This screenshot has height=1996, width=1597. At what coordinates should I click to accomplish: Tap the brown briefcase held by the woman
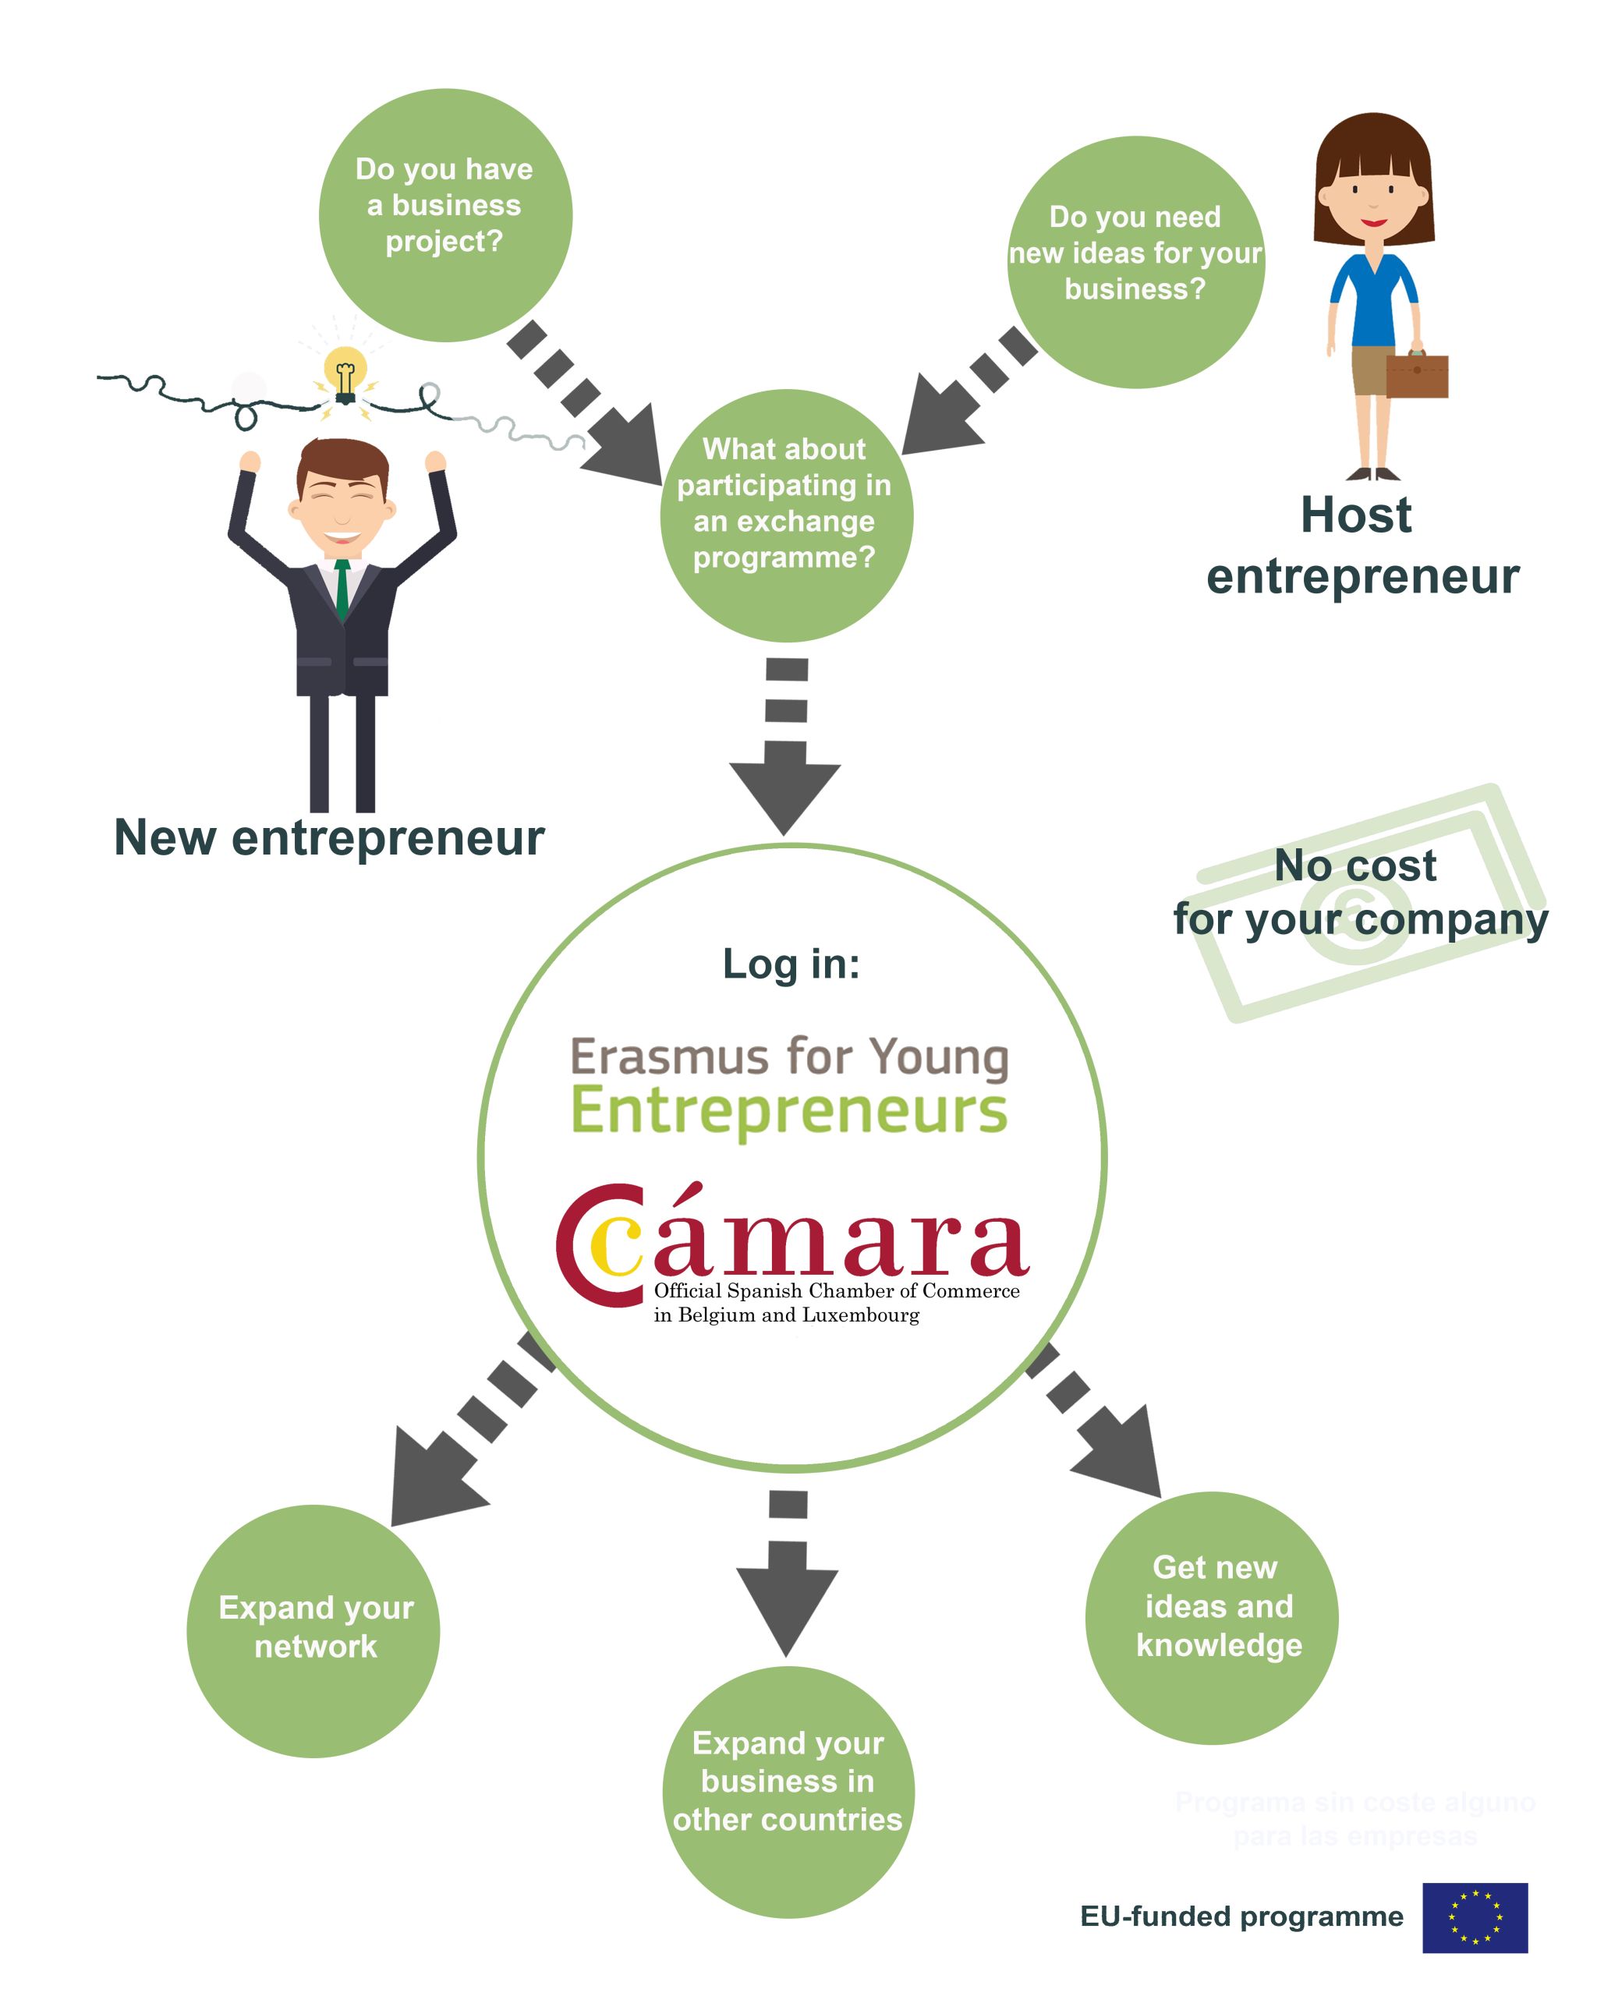pos(1415,375)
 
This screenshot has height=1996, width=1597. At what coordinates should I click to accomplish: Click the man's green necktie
pos(342,588)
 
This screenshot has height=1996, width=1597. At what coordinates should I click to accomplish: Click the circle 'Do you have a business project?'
pos(445,214)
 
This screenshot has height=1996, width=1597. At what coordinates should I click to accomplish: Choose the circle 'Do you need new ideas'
pos(1135,262)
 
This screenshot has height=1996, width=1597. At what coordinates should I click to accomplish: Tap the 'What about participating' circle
pos(786,515)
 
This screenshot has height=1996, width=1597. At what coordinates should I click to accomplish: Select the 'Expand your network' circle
pos(313,1630)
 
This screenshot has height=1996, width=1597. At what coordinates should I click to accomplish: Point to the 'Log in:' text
pos(791,964)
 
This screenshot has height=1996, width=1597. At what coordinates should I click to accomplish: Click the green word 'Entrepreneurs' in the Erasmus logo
pos(789,1111)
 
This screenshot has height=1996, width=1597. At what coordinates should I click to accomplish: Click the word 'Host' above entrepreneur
pos(1355,515)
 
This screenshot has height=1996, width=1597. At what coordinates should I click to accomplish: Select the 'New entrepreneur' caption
pos(328,838)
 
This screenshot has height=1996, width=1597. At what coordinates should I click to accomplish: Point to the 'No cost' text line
pos(1354,865)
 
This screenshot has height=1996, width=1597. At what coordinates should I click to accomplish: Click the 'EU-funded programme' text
pos(1241,1916)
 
